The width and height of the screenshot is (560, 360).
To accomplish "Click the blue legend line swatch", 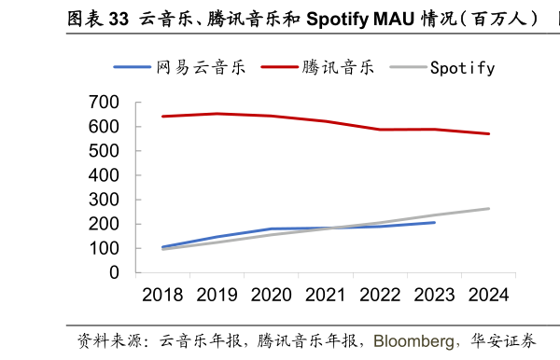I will click(133, 67).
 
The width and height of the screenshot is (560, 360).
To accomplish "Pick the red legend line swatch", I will click(279, 67).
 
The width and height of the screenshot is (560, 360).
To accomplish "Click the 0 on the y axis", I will click(115, 273).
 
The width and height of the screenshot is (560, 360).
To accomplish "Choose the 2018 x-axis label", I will click(162, 295).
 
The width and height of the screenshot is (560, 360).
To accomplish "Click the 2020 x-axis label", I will click(271, 295).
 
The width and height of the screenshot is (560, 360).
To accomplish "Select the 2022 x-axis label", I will click(380, 295).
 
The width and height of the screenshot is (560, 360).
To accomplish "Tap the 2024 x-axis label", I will click(488, 295).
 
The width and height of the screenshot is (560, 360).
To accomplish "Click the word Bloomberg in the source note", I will click(414, 340).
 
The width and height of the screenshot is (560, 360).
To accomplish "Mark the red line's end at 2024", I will click(488, 133).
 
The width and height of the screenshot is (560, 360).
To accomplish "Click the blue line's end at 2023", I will click(434, 222).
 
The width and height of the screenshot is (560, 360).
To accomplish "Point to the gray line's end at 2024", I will click(488, 208).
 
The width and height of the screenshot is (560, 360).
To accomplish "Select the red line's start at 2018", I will click(162, 117).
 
